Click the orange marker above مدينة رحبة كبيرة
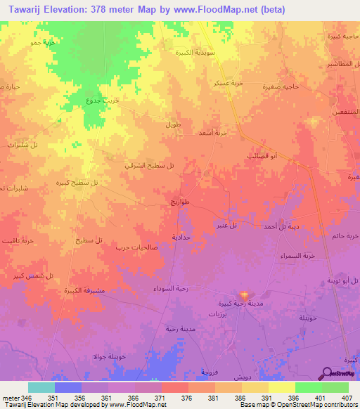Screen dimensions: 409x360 [244, 294]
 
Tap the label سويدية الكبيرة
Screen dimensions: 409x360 [193, 52]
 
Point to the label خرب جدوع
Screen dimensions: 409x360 [102, 99]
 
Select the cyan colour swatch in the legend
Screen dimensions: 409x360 [41, 387]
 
